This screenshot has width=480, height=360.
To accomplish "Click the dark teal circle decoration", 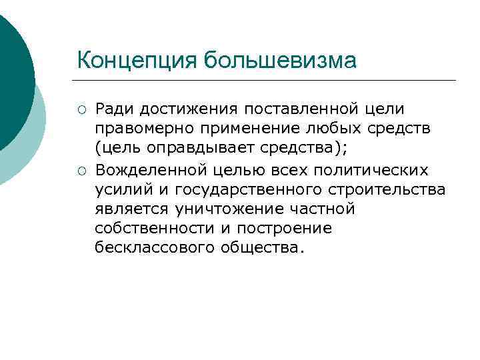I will [12, 80].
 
